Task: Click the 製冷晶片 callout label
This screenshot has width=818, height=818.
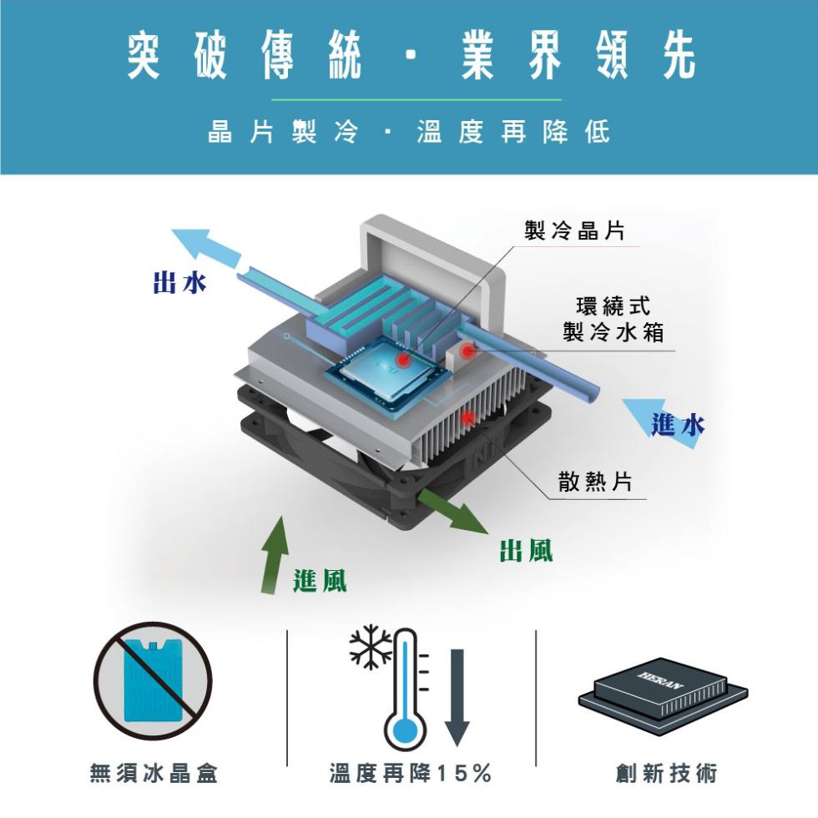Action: pos(574,230)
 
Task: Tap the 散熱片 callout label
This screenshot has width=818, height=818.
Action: pos(594,481)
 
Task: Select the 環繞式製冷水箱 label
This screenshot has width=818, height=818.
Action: pos(613,318)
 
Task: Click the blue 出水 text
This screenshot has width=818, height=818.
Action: pos(179,283)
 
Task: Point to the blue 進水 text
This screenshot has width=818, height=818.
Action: pos(677,424)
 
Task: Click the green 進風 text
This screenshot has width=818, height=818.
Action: pos(320,581)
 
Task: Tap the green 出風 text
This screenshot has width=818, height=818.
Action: pos(526,550)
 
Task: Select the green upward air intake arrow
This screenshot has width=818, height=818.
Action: pos(275,554)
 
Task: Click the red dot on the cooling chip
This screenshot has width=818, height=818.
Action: pos(402,360)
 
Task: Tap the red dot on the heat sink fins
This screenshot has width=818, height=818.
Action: pos(468,417)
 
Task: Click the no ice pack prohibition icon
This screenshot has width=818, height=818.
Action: pos(153,681)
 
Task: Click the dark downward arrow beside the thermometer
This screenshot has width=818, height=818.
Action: pos(457,697)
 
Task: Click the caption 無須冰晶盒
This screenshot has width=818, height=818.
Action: pos(154,773)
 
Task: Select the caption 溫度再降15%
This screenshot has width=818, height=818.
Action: pos(410,773)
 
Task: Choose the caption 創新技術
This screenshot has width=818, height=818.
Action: pos(666,773)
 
